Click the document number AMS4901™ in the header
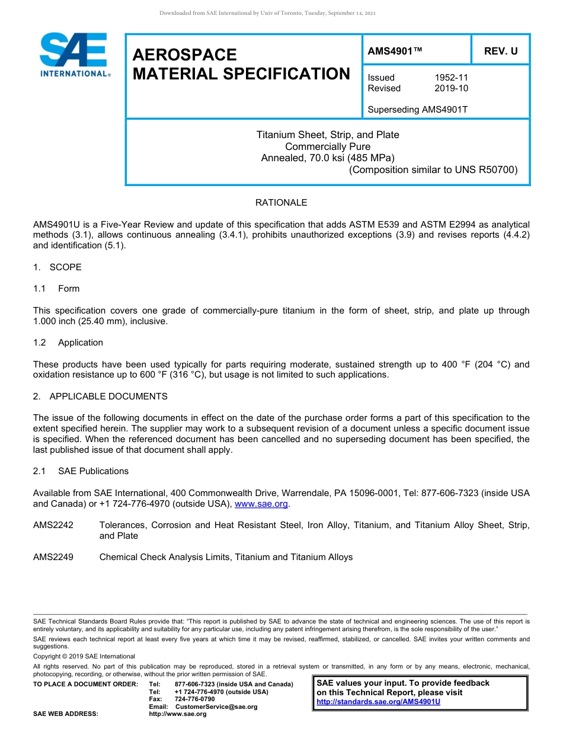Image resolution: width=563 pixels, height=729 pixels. pyautogui.click(x=395, y=51)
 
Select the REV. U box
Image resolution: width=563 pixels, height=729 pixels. pyautogui.click(x=500, y=51)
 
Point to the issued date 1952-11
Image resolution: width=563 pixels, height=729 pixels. pyautogui.click(x=451, y=78)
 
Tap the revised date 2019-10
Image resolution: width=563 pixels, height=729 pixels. pyautogui.click(x=451, y=88)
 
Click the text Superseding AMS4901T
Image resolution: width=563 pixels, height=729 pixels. pyautogui.click(x=417, y=110)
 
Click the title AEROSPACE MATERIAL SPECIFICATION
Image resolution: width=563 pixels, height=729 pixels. pyautogui.click(x=241, y=65)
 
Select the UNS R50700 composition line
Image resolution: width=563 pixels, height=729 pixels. pyautogui.click(x=433, y=170)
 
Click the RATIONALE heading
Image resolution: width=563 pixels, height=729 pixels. pyautogui.click(x=281, y=203)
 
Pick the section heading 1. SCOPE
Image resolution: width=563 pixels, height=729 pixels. pyautogui.click(x=57, y=267)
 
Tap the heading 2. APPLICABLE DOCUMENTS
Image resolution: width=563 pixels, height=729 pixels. pyautogui.click(x=100, y=397)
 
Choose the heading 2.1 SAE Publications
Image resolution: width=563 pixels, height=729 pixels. pyautogui.click(x=81, y=471)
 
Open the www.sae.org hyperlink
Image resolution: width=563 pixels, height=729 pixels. pyautogui.click(x=261, y=504)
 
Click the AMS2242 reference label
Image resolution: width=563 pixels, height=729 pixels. pyautogui.click(x=53, y=525)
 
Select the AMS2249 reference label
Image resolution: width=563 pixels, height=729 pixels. pyautogui.click(x=53, y=557)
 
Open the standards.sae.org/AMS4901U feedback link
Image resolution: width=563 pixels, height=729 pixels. pyautogui.click(x=378, y=702)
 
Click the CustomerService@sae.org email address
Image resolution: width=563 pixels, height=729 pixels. pyautogui.click(x=216, y=706)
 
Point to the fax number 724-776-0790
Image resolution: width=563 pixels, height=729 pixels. pyautogui.click(x=194, y=699)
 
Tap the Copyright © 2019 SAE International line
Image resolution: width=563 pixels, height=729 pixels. pyautogui.click(x=84, y=656)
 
